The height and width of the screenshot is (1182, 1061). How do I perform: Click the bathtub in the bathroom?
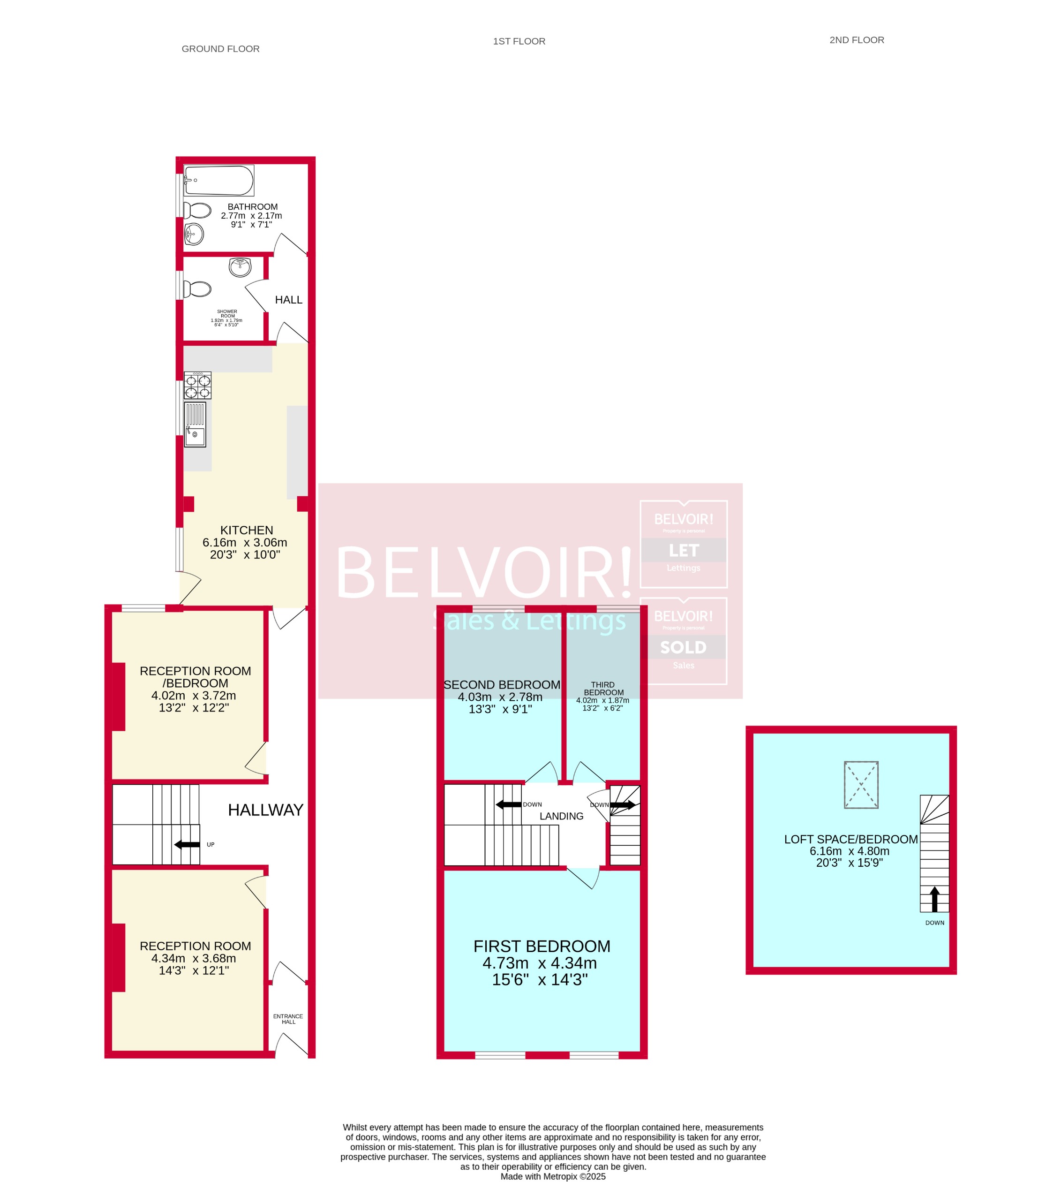tap(218, 180)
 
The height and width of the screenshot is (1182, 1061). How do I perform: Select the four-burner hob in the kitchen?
tap(198, 386)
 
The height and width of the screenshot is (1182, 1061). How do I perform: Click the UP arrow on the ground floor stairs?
tap(187, 844)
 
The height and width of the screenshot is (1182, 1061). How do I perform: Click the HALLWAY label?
tap(265, 810)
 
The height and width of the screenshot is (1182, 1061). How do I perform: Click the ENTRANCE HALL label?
tap(288, 1018)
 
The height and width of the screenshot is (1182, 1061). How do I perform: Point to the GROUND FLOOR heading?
tap(220, 49)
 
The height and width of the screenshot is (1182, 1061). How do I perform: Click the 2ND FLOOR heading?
tap(857, 40)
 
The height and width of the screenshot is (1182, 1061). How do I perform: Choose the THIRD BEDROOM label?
tap(603, 688)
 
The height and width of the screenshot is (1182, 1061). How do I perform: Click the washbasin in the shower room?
tap(240, 267)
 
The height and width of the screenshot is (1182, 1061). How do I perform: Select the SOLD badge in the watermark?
tap(683, 647)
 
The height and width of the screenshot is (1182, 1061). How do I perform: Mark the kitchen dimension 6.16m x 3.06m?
tap(245, 542)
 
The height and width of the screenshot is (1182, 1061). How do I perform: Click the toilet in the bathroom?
tap(198, 210)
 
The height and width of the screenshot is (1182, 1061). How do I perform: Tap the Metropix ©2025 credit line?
tap(553, 1176)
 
